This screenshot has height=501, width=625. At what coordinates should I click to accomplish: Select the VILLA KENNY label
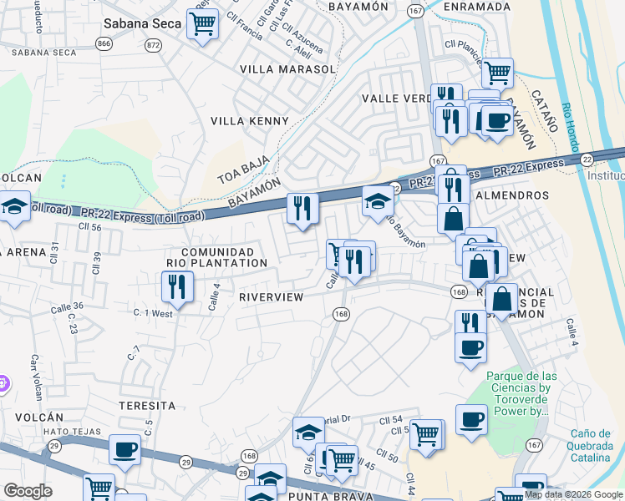coord(249,121)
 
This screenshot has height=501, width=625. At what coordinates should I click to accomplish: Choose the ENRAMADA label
coord(476,7)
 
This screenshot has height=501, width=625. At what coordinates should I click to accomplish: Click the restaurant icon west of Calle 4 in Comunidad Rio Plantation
coord(177,287)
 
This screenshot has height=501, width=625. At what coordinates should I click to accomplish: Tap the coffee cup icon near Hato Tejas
coord(125,450)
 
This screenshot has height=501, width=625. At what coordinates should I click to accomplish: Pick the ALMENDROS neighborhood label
coord(511,195)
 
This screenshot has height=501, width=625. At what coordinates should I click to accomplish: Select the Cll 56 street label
coord(89,226)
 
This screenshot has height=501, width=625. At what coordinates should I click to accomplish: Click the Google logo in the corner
coord(28,491)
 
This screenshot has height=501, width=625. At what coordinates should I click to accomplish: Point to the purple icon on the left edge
coord(3,383)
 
